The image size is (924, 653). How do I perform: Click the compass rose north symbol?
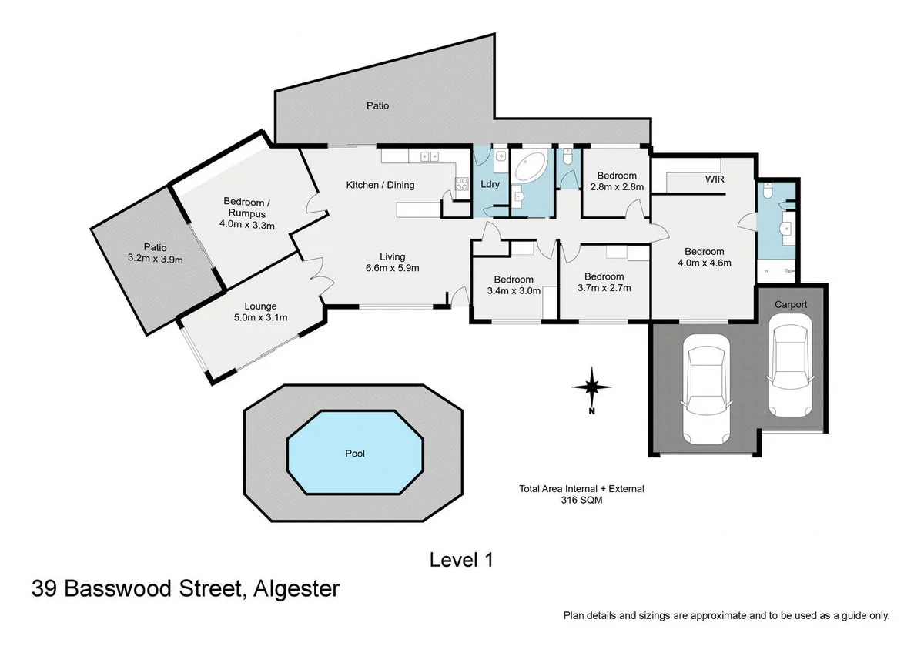click(591, 387)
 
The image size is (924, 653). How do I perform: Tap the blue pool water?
click(355, 454)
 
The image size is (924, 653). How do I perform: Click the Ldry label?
click(490, 185)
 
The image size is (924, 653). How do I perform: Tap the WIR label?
click(714, 179)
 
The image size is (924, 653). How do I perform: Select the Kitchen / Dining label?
click(380, 185)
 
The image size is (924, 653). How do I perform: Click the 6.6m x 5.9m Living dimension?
click(392, 268)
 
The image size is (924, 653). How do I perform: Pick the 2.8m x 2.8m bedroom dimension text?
click(617, 186)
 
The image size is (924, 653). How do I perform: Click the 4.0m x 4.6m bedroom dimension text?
click(704, 263)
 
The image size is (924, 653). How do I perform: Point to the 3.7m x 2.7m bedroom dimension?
click(604, 288)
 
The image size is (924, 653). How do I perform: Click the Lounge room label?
click(260, 306)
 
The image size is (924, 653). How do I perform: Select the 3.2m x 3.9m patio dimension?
click(157, 260)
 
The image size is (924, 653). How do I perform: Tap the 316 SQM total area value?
click(581, 500)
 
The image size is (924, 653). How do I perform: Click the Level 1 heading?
click(460, 560)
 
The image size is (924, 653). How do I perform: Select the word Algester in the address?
click(293, 590)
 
